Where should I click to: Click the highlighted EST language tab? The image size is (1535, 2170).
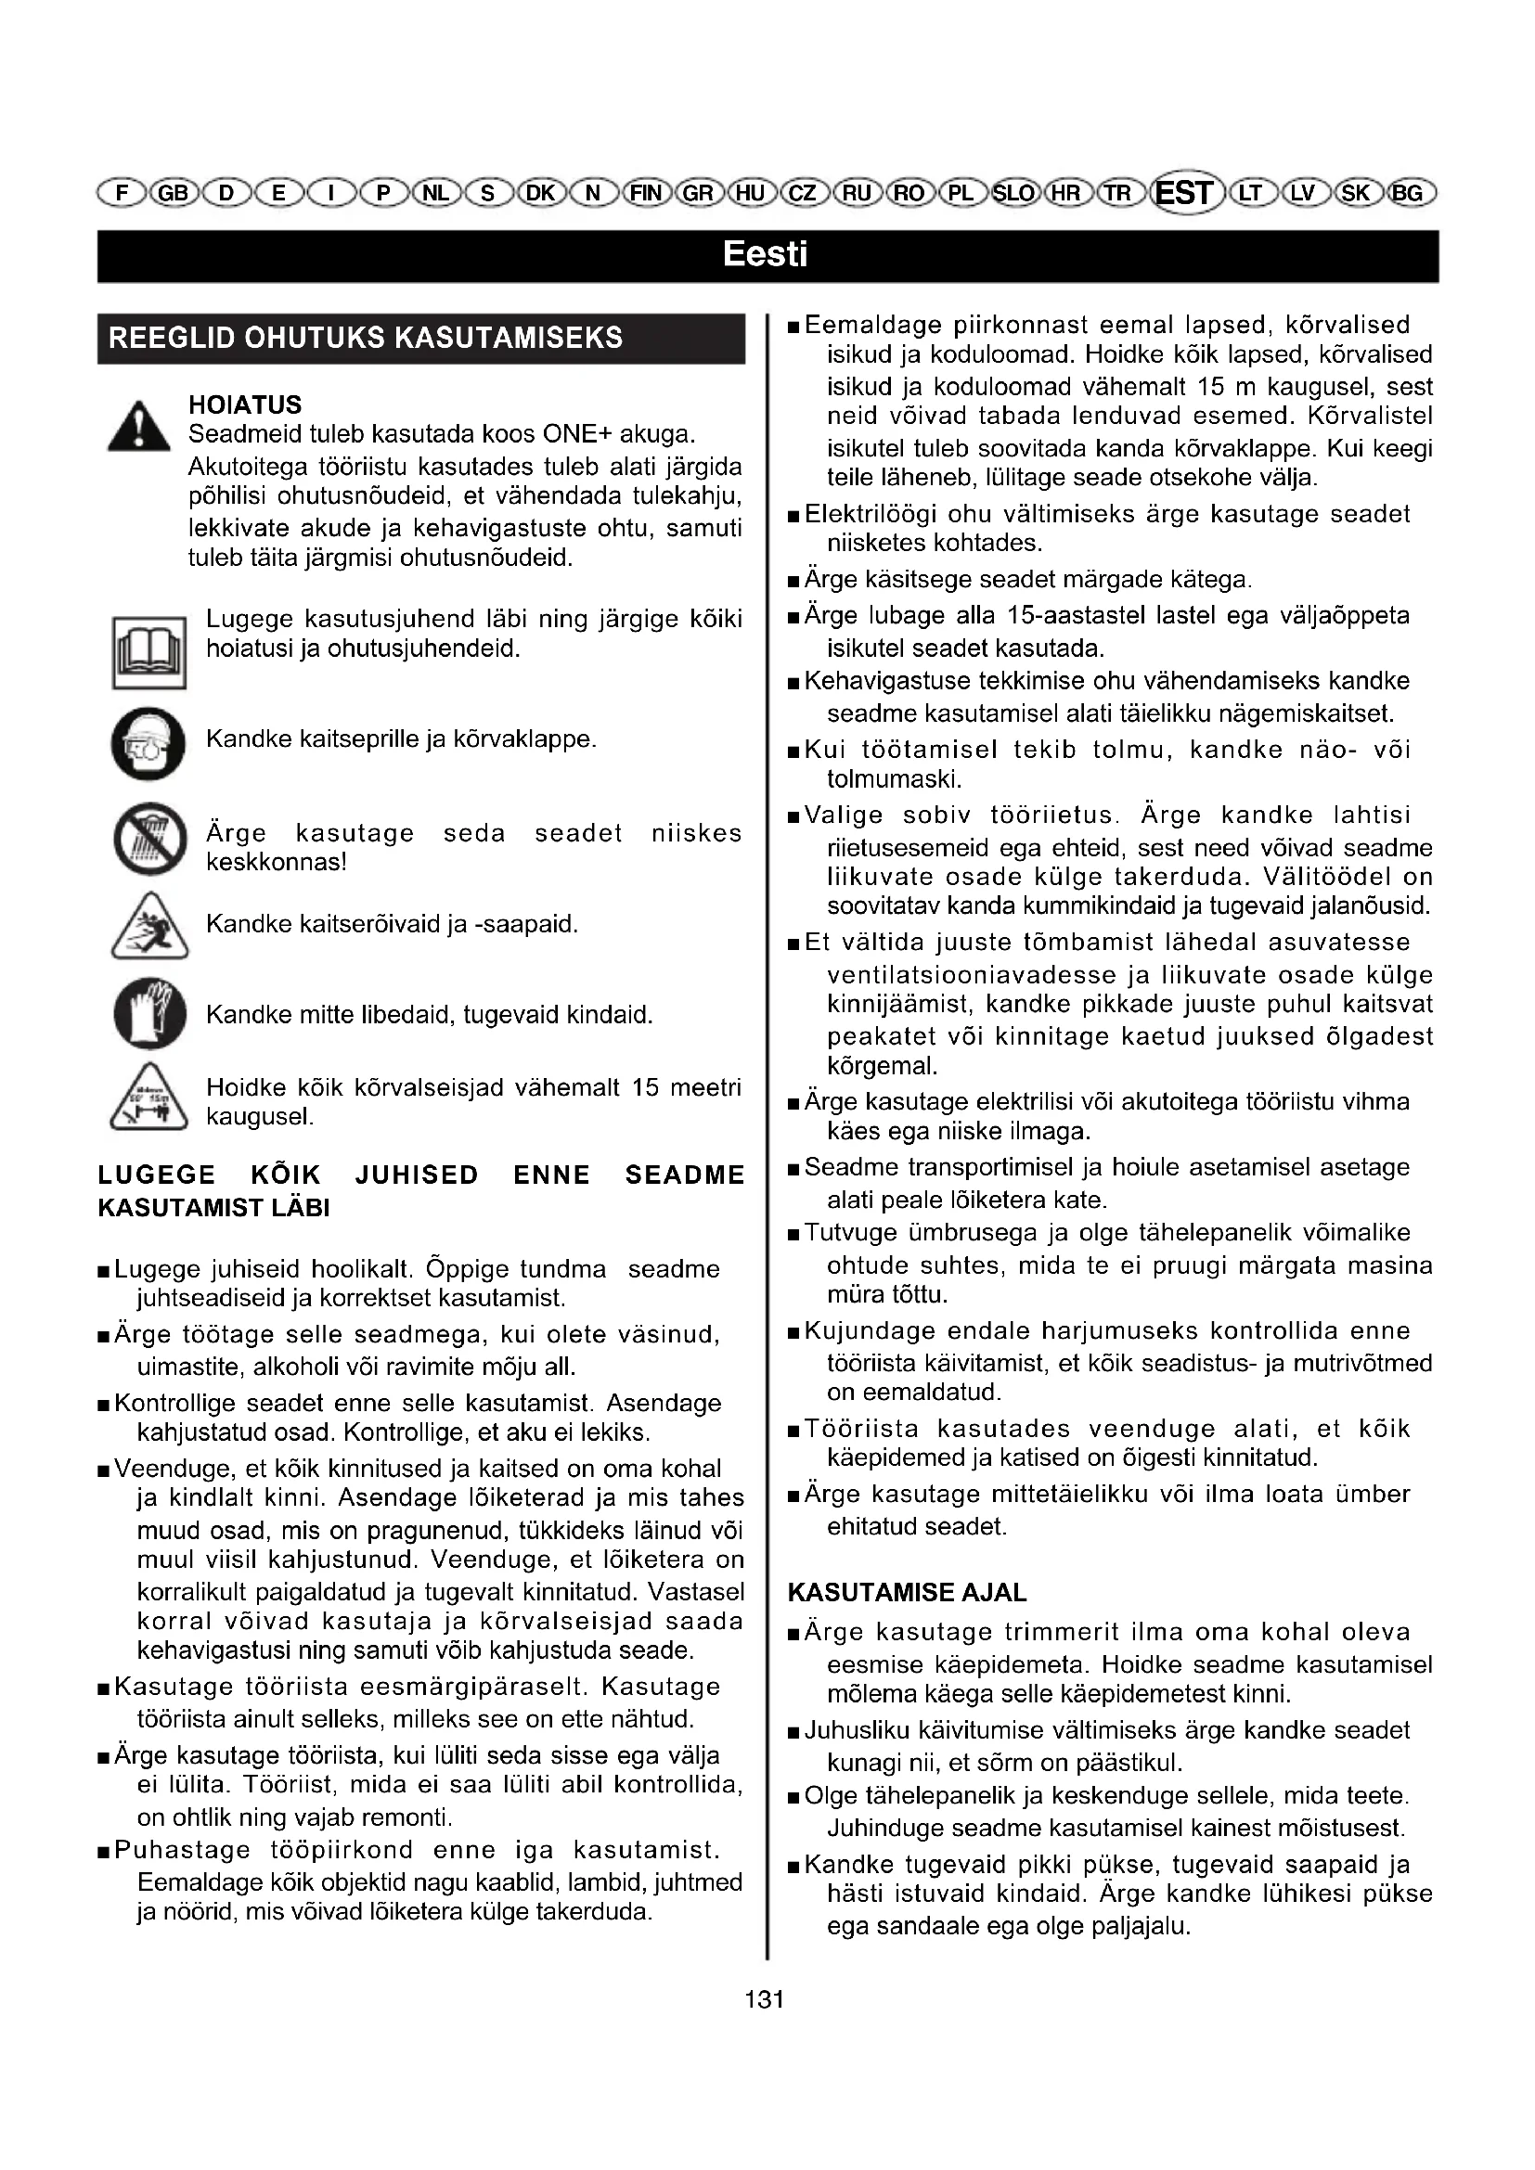1184,193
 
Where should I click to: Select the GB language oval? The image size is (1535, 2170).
173,194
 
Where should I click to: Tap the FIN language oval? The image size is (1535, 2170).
647,194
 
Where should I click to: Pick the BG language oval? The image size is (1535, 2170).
1408,194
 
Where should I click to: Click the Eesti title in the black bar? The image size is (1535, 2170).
766,255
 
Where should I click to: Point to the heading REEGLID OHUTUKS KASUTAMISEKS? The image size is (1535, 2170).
366,339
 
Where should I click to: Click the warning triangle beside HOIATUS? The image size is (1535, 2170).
139,426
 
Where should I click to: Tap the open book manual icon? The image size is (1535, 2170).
148,652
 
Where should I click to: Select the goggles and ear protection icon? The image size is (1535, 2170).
148,743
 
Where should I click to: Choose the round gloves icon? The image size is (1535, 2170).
149,1013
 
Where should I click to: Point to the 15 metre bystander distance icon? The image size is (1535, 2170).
148,1098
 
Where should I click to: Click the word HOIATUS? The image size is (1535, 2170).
245,405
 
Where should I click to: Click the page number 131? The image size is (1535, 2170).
765,1999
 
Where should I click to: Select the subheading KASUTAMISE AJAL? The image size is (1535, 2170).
907,1593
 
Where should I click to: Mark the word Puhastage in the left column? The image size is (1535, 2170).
183,1851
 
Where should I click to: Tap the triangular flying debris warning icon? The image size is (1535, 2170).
148,926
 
